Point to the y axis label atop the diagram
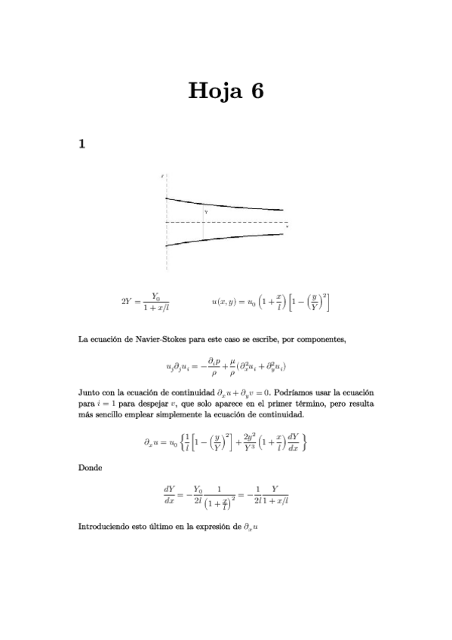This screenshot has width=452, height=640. point(162,176)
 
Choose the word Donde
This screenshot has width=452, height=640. point(91,469)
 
